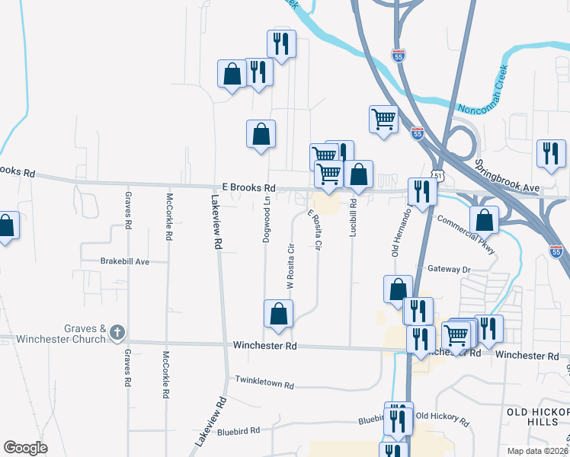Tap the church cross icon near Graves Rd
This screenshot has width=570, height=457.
[x=117, y=332]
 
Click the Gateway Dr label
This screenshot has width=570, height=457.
[x=450, y=269]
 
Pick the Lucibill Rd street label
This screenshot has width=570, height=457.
[x=353, y=217]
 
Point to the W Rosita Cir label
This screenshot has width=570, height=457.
[x=290, y=266]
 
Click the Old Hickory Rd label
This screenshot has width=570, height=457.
[x=443, y=417]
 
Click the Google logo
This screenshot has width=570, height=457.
[x=25, y=447]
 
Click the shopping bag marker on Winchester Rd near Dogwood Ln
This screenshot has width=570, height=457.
[x=278, y=314]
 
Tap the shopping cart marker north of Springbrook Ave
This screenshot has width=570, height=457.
[x=383, y=119]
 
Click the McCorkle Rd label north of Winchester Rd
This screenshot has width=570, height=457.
[x=169, y=216]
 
